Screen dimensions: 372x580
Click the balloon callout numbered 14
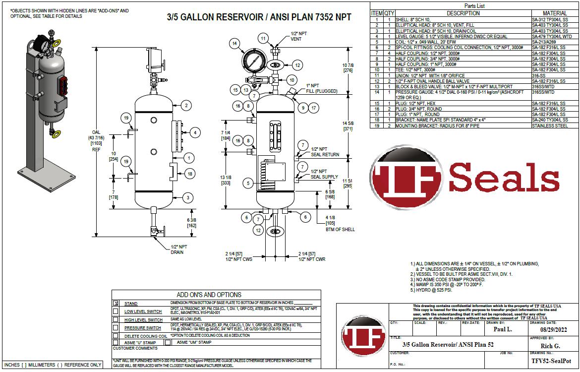coord(234,44)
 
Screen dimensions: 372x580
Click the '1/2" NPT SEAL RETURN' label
coord(325,152)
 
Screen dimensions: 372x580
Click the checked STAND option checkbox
coord(116,303)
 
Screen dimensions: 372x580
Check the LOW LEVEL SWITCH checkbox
coord(116,311)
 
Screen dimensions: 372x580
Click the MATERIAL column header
coord(555,13)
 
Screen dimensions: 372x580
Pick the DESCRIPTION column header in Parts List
coord(463,13)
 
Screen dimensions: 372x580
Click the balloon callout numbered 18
coord(189,174)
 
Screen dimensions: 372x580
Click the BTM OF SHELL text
coord(340,230)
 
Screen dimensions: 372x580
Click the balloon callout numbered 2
coord(185,105)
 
